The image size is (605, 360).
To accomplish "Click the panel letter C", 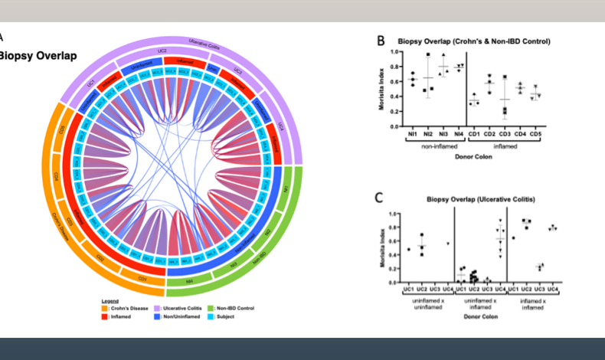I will (378, 198).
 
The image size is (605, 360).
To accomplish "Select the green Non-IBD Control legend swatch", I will (209, 308).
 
